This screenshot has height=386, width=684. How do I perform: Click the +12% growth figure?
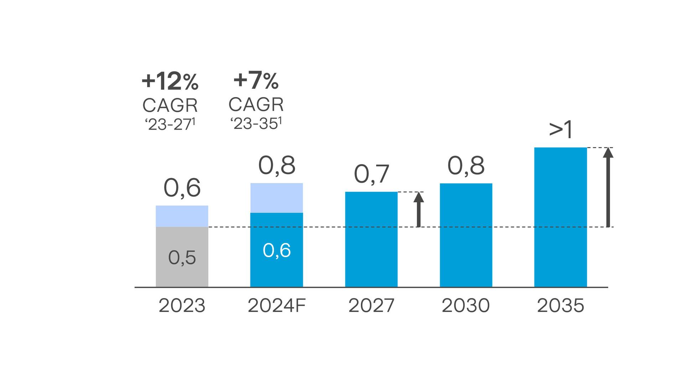tap(170, 81)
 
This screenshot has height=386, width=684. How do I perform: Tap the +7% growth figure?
tap(256, 80)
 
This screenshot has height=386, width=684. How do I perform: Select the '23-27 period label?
tap(170, 124)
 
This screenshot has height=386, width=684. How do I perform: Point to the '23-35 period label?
tap(256, 123)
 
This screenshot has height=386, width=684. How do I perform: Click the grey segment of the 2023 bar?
tap(182, 271)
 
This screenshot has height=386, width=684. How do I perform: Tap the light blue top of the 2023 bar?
tap(182, 216)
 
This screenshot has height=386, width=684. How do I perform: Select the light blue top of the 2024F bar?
tap(276, 198)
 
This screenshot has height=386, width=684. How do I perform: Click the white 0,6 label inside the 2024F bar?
tap(276, 250)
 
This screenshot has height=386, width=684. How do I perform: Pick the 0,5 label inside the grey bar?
tap(182, 257)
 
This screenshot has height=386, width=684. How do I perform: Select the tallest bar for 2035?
tap(560, 217)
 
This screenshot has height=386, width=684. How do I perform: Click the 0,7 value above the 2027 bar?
tap(371, 174)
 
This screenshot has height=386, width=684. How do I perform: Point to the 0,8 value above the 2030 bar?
tap(466, 166)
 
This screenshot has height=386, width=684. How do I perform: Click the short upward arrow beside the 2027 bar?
tap(419, 210)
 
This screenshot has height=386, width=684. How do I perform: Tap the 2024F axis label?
tap(276, 306)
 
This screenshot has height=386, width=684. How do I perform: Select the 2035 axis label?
tap(560, 306)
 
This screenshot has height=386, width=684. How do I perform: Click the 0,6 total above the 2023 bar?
tap(182, 188)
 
